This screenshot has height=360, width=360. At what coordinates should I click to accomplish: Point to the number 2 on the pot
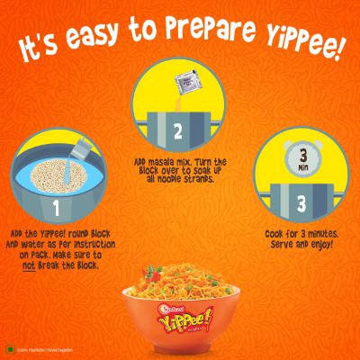pyautogui.click(x=177, y=131)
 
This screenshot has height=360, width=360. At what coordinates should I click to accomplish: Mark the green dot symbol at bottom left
pyautogui.click(x=9, y=346)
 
